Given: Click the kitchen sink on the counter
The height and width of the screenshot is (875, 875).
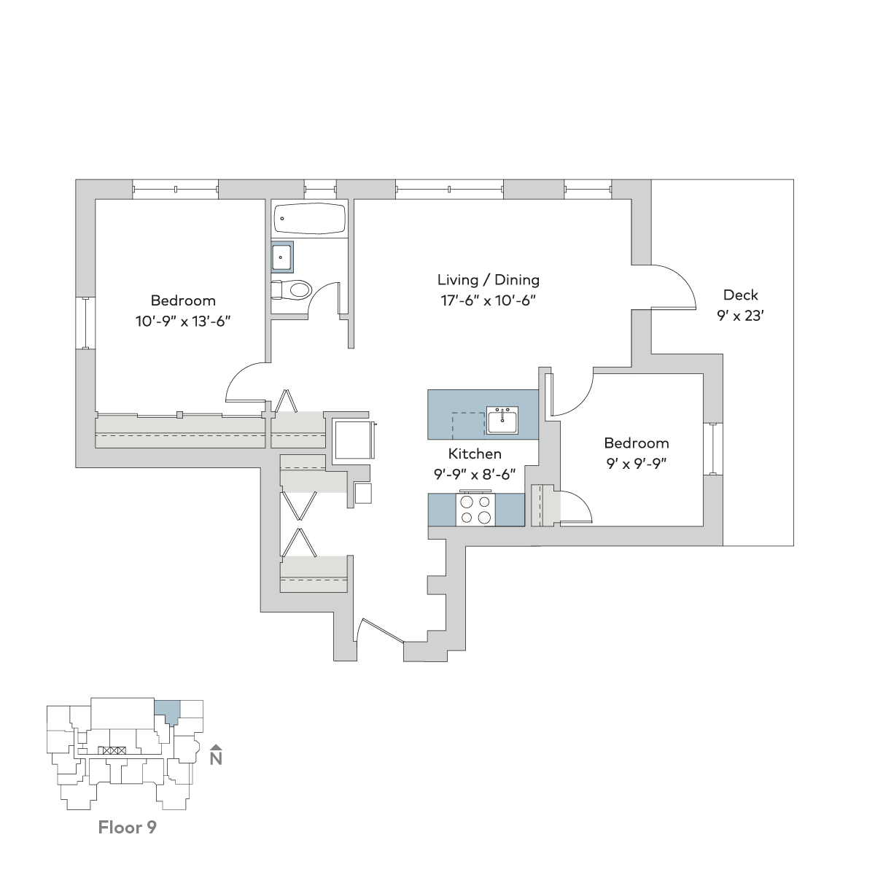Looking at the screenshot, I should pos(502,421).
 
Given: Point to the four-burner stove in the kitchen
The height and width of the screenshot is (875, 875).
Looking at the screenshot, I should pos(475,510).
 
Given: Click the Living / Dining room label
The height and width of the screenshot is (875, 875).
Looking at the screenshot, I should pos(488,280).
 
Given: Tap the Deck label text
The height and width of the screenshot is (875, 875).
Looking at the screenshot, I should pos(740,295).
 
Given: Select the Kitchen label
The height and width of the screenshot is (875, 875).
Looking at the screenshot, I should pos(475,454).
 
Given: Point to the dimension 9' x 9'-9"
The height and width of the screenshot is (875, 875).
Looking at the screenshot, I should pos(636,462).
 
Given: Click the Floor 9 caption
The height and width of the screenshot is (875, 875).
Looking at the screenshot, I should pos(127,828).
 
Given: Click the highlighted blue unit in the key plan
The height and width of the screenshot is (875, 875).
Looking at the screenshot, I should pos(168,709).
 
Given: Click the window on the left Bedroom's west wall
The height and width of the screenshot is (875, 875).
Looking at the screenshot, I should pos(86,322).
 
